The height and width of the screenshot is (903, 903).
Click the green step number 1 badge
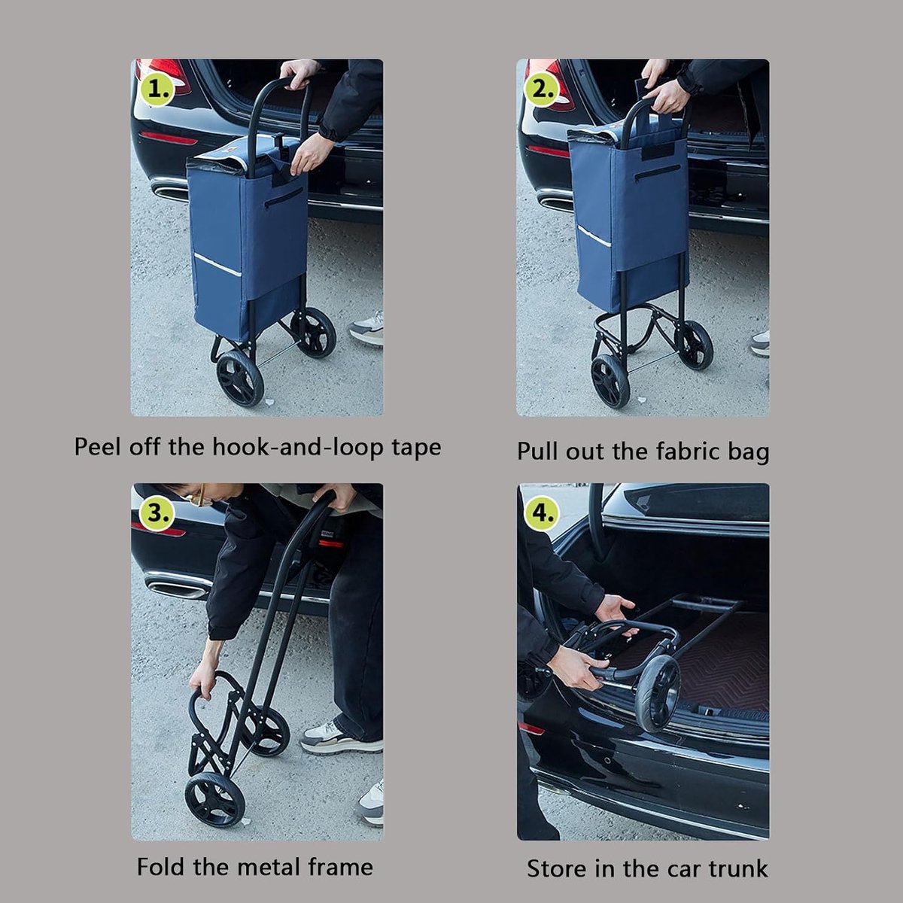pos(158,89)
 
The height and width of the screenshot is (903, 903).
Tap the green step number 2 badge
pos(543,89)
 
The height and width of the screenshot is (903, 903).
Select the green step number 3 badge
pos(158,514)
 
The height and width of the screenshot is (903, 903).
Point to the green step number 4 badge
pos(543,514)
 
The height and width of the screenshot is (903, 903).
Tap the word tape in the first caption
pos(417,448)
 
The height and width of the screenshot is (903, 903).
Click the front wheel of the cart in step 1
pos(240,379)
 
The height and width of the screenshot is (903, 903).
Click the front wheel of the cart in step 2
pos(610,381)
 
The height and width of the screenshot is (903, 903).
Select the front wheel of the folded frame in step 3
pos(214,800)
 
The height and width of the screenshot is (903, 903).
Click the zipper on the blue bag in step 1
pos(283,197)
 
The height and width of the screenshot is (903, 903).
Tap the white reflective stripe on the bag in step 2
pos(594,236)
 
